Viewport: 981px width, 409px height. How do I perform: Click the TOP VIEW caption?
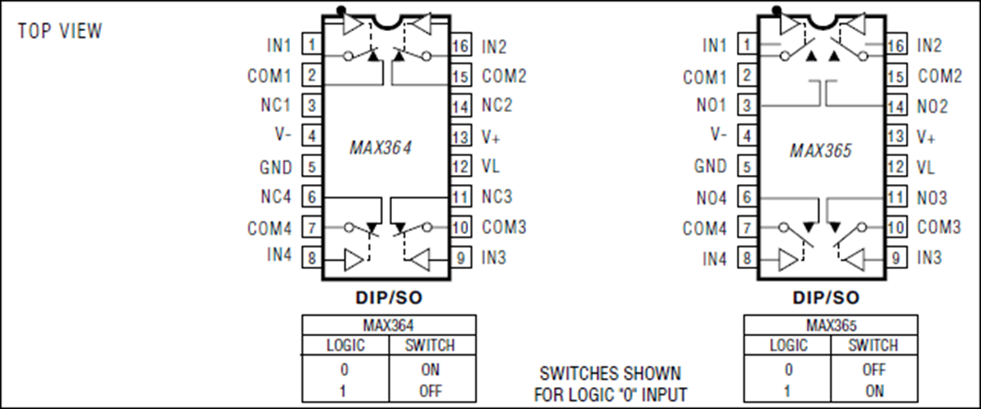(x=60, y=31)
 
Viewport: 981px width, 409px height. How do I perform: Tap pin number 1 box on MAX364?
(x=312, y=44)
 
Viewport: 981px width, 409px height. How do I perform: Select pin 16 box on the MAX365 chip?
(x=897, y=45)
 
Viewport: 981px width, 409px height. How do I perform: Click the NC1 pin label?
(x=275, y=106)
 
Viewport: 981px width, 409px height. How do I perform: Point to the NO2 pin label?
(x=932, y=106)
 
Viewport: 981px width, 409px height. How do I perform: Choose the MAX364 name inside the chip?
(x=380, y=148)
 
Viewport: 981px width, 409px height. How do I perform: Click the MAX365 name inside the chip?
(x=821, y=151)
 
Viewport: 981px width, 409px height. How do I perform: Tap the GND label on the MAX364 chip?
(x=275, y=167)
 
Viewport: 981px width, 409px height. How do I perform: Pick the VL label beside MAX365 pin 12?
(x=925, y=167)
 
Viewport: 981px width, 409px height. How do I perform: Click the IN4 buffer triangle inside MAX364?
(x=354, y=260)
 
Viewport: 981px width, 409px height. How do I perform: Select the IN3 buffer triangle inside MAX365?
(x=855, y=260)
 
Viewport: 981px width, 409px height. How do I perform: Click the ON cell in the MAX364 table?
(x=430, y=370)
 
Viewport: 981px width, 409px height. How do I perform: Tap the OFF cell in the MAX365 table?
(x=874, y=370)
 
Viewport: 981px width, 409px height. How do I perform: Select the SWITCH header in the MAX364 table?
(x=430, y=345)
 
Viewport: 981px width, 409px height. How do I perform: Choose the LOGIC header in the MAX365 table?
(x=788, y=345)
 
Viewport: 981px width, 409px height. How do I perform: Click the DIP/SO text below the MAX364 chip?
(x=389, y=298)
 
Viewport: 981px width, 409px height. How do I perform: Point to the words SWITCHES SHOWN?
(x=610, y=374)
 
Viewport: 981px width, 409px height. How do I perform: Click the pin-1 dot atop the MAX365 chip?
(x=777, y=10)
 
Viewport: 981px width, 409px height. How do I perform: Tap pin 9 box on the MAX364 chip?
(x=461, y=258)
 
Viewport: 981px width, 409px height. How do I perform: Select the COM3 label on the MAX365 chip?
(x=939, y=227)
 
